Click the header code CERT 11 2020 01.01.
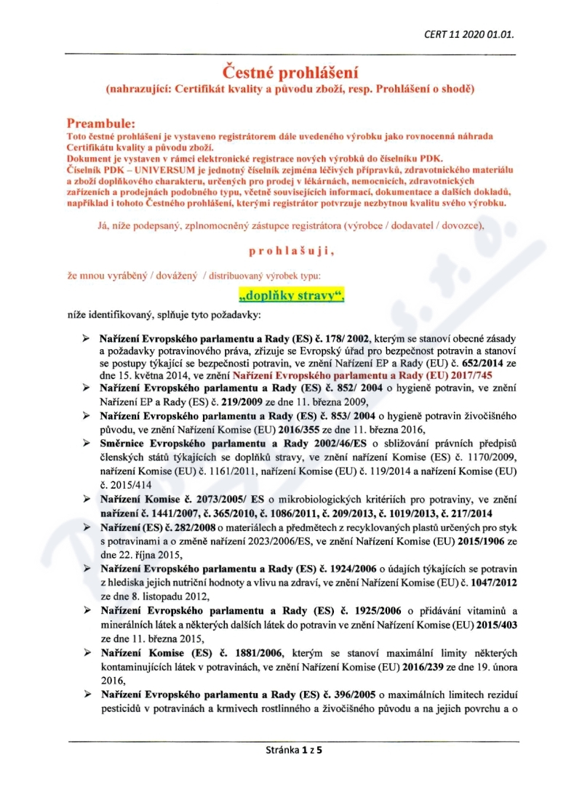pyautogui.click(x=473, y=33)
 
